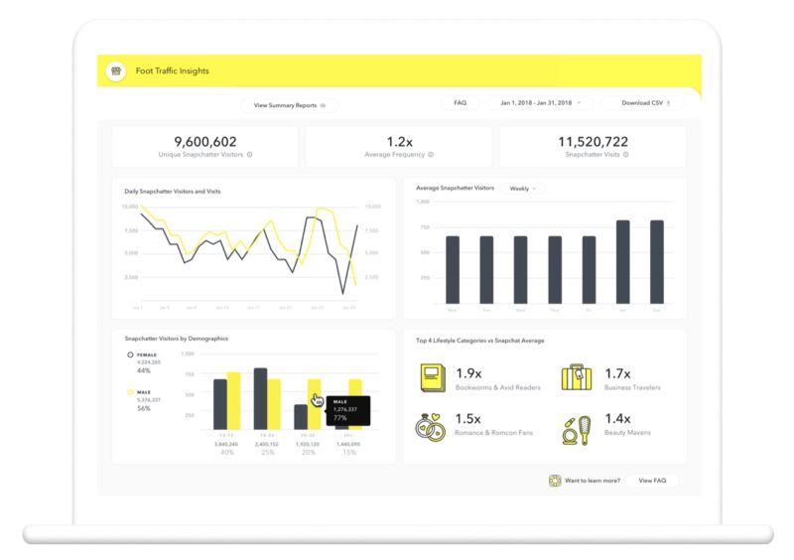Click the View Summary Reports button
[x=289, y=104]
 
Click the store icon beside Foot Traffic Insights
[x=115, y=71]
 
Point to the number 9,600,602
[x=204, y=142]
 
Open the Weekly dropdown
[x=522, y=188]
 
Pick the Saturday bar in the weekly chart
[x=622, y=261]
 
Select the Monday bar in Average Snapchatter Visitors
[x=453, y=269]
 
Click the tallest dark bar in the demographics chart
[x=260, y=398]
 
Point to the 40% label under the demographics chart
[x=226, y=453]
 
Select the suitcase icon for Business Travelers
[x=578, y=378]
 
